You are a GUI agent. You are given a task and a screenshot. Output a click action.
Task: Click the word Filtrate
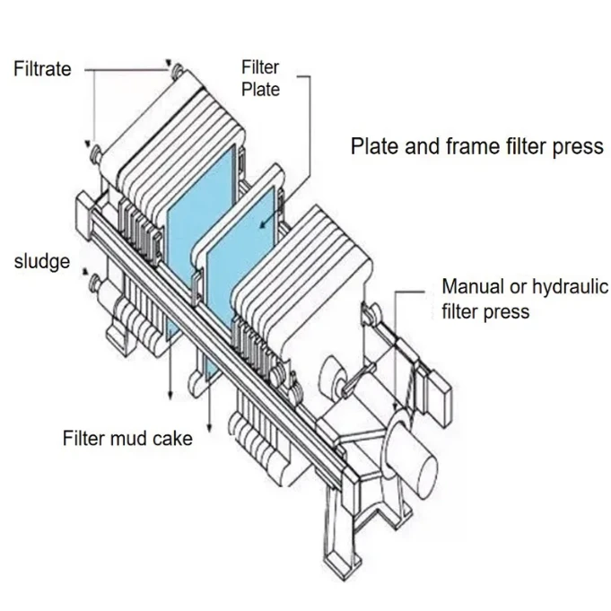tap(42, 68)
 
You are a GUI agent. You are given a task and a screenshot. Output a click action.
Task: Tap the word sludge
tap(42, 261)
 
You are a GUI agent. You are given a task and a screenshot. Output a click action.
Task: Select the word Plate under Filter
tap(261, 89)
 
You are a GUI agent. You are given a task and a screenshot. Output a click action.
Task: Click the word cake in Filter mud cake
tap(172, 439)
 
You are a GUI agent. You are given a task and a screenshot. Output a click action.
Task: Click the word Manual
tap(473, 286)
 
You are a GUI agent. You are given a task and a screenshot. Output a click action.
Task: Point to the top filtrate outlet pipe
tap(178, 71)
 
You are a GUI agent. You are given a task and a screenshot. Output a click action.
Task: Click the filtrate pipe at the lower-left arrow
tap(96, 153)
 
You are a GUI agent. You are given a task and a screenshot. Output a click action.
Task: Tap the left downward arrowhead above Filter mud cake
tap(170, 396)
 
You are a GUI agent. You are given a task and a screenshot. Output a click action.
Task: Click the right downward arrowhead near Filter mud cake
tap(209, 428)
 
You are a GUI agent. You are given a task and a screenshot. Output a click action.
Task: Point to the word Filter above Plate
tap(260, 67)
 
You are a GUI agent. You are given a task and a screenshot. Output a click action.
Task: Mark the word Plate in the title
tap(375, 145)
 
